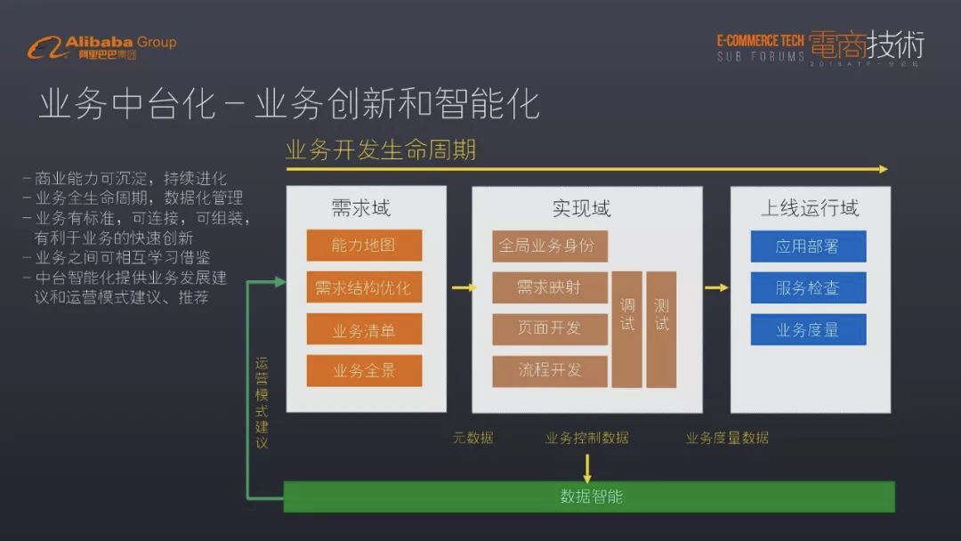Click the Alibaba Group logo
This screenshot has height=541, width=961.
pyautogui.click(x=101, y=46)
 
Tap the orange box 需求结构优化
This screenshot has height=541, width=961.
pyautogui.click(x=364, y=287)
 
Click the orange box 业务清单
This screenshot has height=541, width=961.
pyautogui.click(x=364, y=329)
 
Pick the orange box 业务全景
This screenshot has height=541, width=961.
pyautogui.click(x=364, y=370)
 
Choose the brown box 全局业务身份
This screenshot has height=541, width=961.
pyautogui.click(x=549, y=246)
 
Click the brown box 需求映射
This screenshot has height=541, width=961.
pyautogui.click(x=549, y=287)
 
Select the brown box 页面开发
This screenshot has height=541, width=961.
pyautogui.click(x=549, y=328)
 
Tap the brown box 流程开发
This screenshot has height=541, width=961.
pyautogui.click(x=549, y=370)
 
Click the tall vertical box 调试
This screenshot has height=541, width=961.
pyautogui.click(x=627, y=329)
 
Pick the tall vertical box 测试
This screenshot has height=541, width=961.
pyautogui.click(x=661, y=329)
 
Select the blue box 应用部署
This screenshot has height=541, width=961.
pyautogui.click(x=808, y=246)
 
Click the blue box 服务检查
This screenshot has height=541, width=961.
pyautogui.click(x=808, y=288)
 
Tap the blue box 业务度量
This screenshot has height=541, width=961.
pyautogui.click(x=808, y=329)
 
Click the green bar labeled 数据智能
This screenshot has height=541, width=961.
pyautogui.click(x=589, y=497)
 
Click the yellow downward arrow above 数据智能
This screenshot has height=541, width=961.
pyautogui.click(x=587, y=467)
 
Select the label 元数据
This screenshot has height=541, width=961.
pyautogui.click(x=472, y=438)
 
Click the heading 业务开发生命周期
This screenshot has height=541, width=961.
pyautogui.click(x=381, y=149)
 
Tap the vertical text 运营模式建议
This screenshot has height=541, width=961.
pyautogui.click(x=261, y=402)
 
